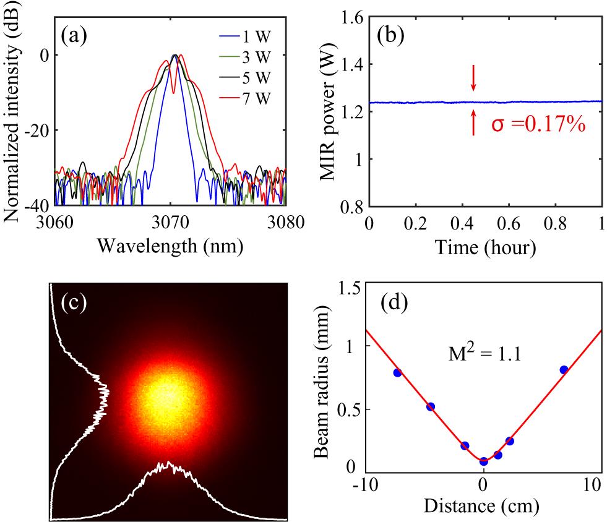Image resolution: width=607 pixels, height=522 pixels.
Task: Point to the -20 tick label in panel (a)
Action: (38, 130)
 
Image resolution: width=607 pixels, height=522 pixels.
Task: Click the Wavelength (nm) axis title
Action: (170, 247)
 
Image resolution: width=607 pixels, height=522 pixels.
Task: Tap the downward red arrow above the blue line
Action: (473, 78)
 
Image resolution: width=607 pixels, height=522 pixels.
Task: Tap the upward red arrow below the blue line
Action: (473, 122)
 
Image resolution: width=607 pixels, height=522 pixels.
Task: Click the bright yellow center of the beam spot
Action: (166, 396)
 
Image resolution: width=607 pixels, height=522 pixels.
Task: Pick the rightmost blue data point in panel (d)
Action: (564, 370)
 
